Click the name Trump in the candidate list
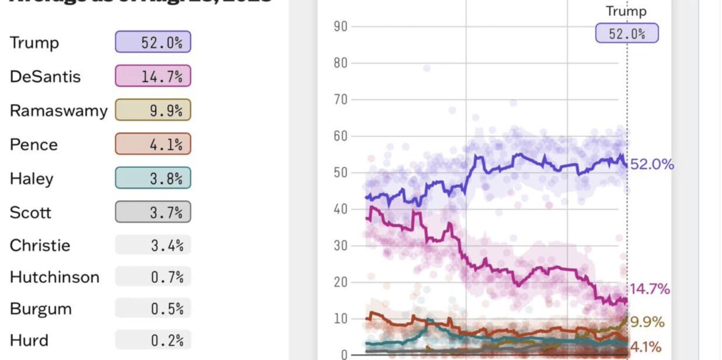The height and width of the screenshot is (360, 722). pos(34,43)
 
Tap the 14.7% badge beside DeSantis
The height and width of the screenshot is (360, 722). pos(153,76)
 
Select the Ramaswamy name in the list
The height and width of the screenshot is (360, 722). pos(59,111)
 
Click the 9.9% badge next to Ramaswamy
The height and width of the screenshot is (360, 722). pos(153,110)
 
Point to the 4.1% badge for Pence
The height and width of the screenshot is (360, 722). pos(153,144)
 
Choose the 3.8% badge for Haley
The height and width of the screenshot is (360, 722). pos(153,178)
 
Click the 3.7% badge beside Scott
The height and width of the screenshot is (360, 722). pos(153,212)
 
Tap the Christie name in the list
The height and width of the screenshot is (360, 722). pos(40,245)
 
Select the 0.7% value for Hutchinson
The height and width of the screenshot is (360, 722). pos(153,277)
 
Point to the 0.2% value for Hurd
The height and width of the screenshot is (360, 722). pos(153,340)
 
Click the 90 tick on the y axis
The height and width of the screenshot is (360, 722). pos(341,27)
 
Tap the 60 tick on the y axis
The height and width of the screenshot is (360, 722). pos(341,136)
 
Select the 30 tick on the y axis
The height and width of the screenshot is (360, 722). pos(341,245)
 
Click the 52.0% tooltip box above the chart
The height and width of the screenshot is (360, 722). pos(627,33)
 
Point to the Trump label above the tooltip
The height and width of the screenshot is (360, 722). pos(626,11)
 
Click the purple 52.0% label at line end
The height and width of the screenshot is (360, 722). pos(652,164)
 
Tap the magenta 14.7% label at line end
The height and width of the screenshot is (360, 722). pos(649,289)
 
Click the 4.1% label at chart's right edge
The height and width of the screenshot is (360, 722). pos(645,346)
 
